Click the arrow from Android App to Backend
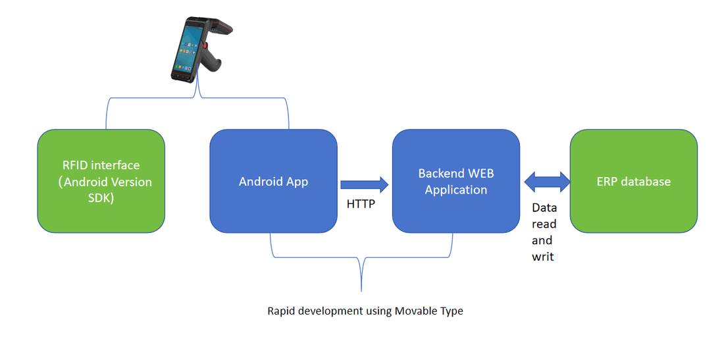pyautogui.click(x=364, y=182)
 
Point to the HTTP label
pyautogui.click(x=361, y=204)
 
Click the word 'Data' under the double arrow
pyautogui.click(x=544, y=207)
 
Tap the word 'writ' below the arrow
pyautogui.click(x=542, y=257)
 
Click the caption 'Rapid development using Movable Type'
pyautogui.click(x=365, y=311)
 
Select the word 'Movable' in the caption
pyautogui.click(x=415, y=311)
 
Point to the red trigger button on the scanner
pyautogui.click(x=205, y=47)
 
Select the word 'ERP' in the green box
pyautogui.click(x=606, y=182)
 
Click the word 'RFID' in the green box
pyautogui.click(x=72, y=165)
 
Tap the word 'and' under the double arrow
pyautogui.click(x=542, y=240)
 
